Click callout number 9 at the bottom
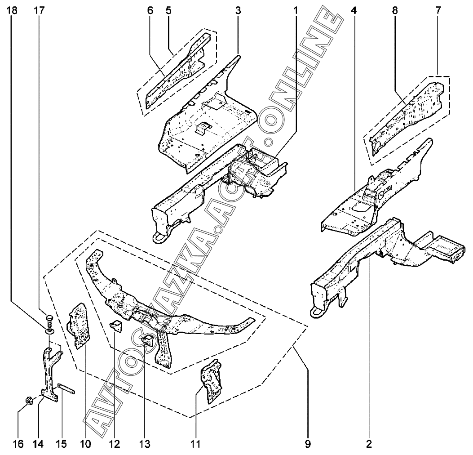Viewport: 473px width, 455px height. (x=308, y=444)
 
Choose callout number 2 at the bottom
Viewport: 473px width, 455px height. (x=369, y=444)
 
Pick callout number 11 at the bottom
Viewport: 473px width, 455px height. (x=195, y=444)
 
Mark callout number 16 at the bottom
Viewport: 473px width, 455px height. (x=18, y=444)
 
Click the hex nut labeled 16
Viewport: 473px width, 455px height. (x=28, y=400)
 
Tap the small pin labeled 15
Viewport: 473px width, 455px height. (x=66, y=388)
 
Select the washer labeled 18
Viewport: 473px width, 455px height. (x=49, y=331)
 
